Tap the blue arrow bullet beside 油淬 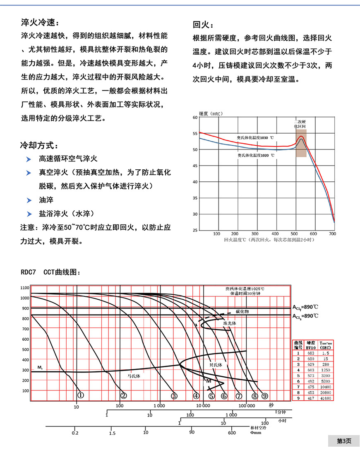[29, 200]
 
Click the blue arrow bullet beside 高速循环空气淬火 [29, 159]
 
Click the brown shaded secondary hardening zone [301, 143]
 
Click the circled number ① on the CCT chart [81, 396]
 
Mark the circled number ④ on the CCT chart [196, 396]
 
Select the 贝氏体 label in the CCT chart [216, 365]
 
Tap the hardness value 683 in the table [311, 353]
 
